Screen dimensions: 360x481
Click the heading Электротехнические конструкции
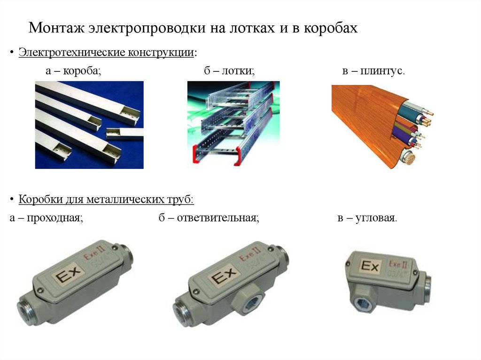click(106, 53)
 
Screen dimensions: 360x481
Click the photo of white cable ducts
click(89, 125)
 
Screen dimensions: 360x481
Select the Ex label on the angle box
click(370, 267)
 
